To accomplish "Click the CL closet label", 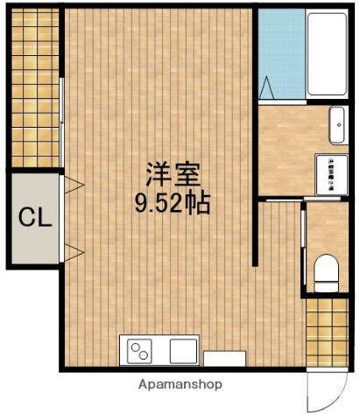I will pos(35,215).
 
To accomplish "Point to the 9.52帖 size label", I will pos(171,203).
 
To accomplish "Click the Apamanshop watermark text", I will pos(180,383).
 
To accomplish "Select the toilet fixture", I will pos(327,272).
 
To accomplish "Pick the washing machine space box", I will pos(331,174).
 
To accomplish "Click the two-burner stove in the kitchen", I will pos(140,351).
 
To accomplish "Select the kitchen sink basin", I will pos(183,351).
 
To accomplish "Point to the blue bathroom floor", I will pos(281,52).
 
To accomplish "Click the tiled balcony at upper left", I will pos(35,87).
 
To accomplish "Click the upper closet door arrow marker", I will pos(74,185).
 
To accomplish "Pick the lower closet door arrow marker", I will pos(74,254).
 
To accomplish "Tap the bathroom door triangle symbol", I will pos(266,87).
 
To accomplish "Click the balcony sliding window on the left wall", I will pos(61,122).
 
